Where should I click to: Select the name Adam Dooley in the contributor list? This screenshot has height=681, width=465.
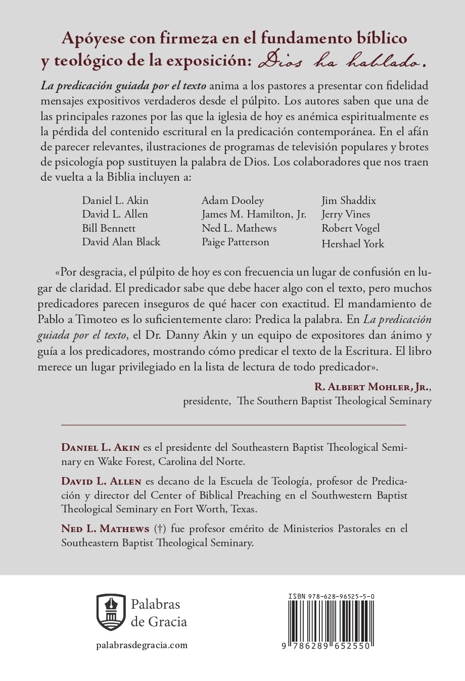coord(232,200)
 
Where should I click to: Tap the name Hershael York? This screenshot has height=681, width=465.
coord(352,244)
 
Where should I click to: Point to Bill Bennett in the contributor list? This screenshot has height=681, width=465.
coord(109,228)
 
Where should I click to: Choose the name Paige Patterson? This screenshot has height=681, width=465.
coord(235,242)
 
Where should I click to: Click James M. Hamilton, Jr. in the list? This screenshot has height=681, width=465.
coord(254,214)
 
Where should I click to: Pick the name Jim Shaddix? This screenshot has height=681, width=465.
coord(348,200)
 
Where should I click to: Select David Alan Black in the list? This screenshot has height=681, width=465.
coord(121,242)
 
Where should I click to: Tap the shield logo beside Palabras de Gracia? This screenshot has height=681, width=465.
coord(111,613)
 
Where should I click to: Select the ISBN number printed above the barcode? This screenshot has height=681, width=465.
coord(331,597)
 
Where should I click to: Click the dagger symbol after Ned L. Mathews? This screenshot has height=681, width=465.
coord(160,529)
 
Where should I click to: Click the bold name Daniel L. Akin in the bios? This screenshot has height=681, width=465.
coord(101,447)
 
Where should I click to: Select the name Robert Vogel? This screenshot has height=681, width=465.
coord(350,228)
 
